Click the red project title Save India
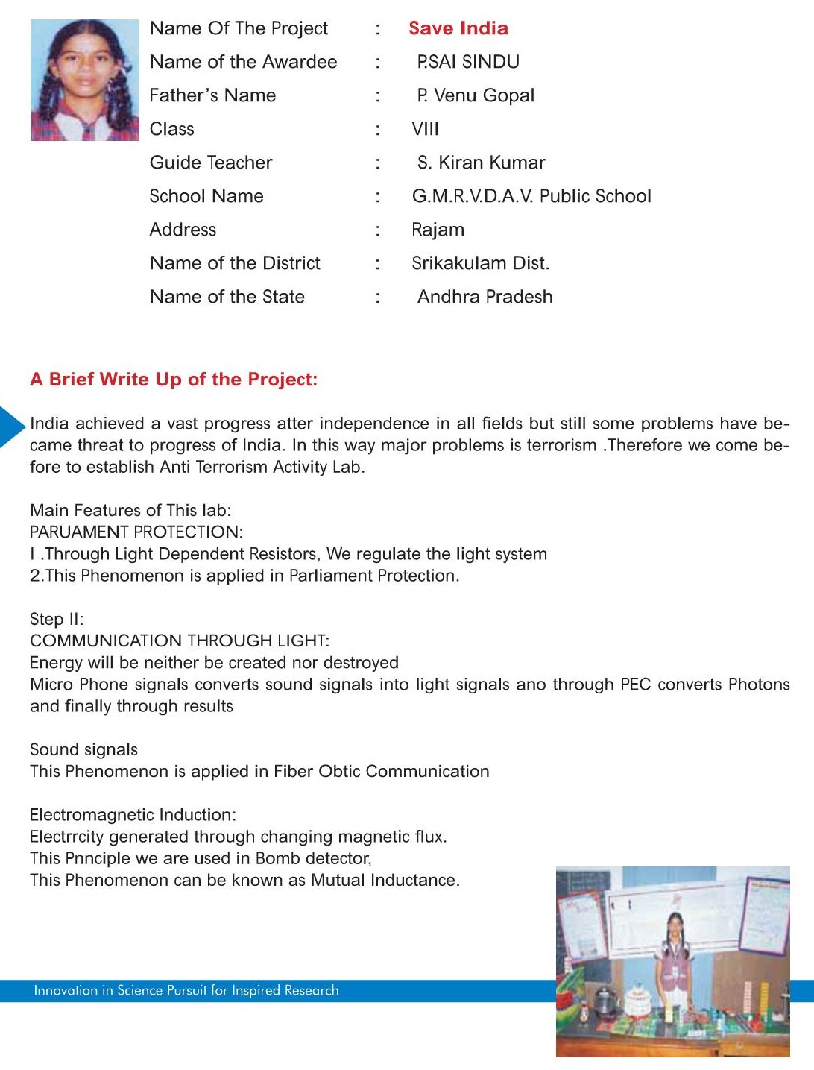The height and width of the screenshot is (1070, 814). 458,28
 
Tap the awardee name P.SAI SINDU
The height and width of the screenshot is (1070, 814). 468,62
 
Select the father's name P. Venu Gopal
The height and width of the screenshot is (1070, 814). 476,95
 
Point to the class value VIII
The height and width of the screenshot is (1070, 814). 425,129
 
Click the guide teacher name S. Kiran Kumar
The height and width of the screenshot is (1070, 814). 481,163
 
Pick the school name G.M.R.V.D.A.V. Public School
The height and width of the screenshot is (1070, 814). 531,196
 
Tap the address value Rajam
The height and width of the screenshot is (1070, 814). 438,230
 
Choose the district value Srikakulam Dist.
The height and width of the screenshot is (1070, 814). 480,263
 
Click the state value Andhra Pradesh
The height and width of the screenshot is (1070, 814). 485,297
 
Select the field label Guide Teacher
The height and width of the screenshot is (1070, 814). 211,163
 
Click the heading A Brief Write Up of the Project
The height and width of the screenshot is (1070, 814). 174,380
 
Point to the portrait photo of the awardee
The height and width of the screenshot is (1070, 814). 84,80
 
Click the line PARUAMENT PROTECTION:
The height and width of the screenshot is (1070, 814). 136,532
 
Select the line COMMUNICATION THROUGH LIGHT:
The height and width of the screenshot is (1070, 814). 180,641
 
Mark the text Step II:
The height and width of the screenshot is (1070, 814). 57,620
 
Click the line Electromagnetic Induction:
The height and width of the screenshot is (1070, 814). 133,815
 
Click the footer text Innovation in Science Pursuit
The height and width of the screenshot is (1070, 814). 186,991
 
